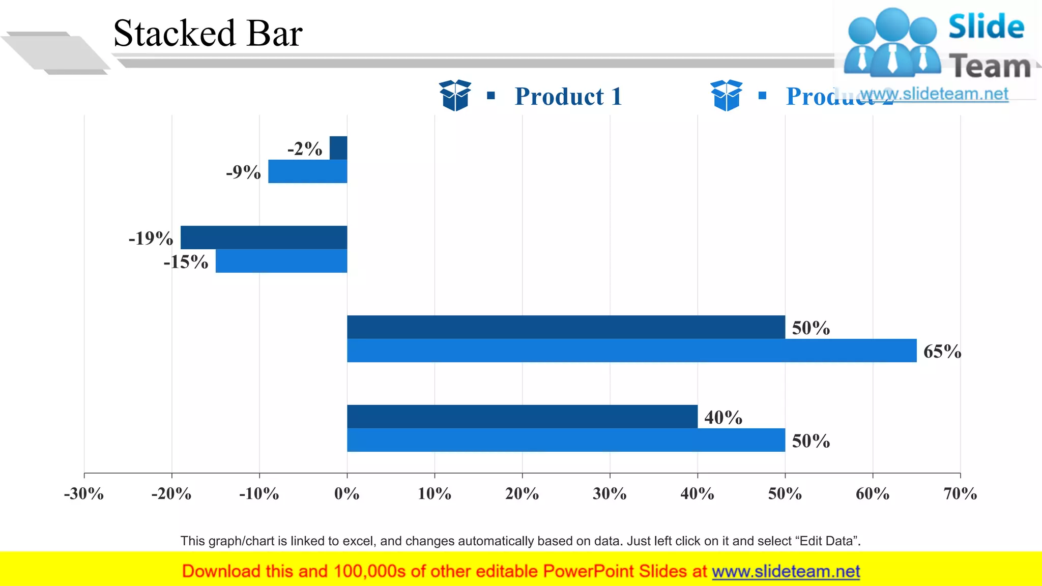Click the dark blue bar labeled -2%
point(338,148)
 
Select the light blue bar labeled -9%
point(307,171)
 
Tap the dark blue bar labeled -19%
point(264,238)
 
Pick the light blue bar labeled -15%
point(281,261)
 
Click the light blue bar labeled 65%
point(631,350)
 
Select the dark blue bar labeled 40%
point(522,417)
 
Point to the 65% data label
point(942,351)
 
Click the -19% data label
point(151,238)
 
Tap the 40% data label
point(723,418)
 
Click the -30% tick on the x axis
point(84,493)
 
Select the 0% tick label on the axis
point(347,493)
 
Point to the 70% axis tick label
point(960,493)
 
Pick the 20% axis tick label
point(522,493)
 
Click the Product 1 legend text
point(568,97)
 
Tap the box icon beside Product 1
point(455,95)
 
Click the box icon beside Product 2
point(726,95)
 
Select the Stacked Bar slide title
point(208,34)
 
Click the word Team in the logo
point(990,67)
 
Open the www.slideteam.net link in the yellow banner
point(786,571)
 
